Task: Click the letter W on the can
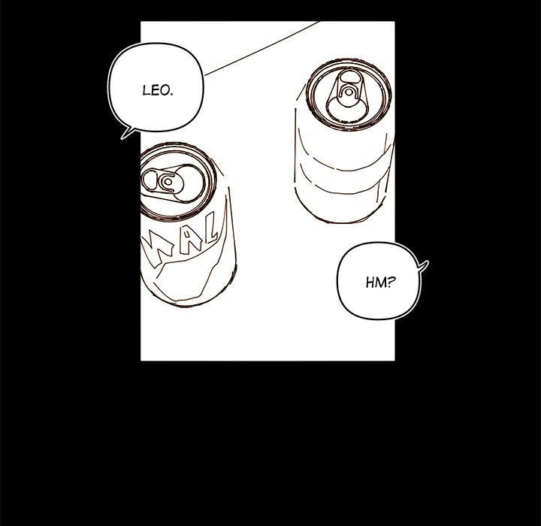click(159, 252)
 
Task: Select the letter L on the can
click(210, 231)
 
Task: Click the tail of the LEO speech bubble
click(126, 133)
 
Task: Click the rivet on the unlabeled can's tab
click(349, 92)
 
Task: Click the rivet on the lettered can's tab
click(168, 181)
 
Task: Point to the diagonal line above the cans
click(262, 48)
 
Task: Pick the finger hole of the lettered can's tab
click(150, 180)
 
